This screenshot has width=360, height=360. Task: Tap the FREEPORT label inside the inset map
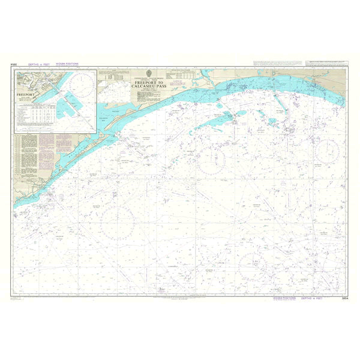(x=28, y=95)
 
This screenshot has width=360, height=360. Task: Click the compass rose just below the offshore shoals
(x=211, y=160)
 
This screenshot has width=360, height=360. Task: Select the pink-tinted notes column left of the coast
(x=64, y=150)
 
